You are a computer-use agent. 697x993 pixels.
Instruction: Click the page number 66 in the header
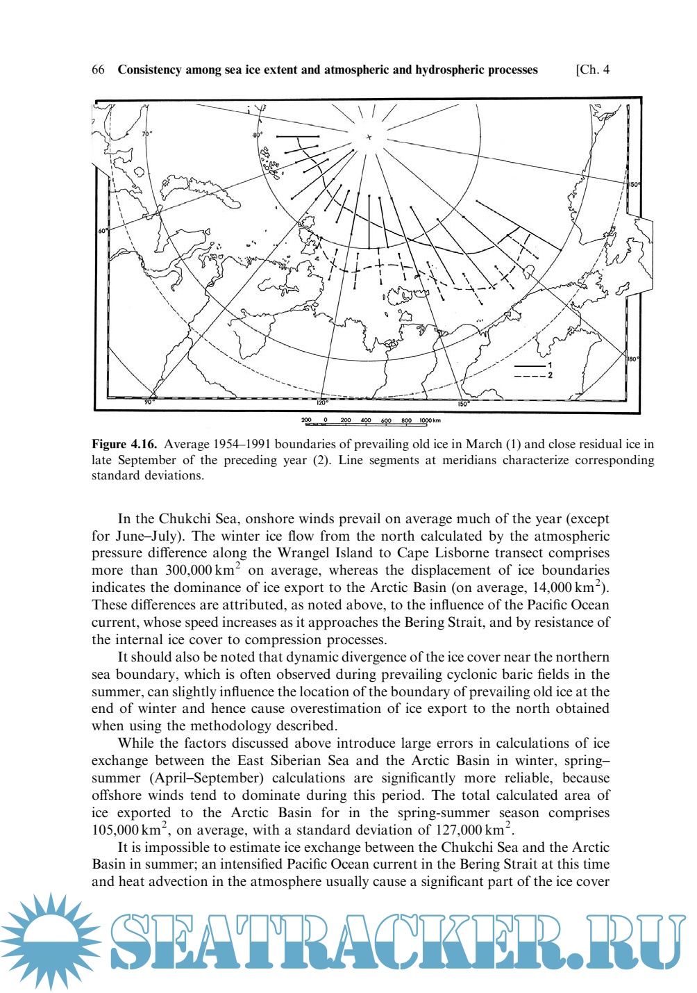[98, 69]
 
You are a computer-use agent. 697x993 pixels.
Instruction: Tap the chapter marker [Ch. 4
[592, 69]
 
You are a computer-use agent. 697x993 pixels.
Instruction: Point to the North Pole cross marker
[369, 137]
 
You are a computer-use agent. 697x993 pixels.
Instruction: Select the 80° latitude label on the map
[258, 133]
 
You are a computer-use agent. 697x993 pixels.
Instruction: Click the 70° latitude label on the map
[147, 133]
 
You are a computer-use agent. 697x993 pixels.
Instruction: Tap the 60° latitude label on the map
[103, 231]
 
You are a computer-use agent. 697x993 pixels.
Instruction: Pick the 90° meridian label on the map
[149, 402]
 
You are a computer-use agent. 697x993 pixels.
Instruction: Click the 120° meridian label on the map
[322, 402]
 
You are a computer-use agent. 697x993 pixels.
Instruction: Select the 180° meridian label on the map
[632, 359]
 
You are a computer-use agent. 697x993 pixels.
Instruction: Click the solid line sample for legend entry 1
[529, 366]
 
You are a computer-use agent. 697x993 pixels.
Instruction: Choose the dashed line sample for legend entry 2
[529, 376]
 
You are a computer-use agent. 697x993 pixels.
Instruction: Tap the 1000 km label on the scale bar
[431, 420]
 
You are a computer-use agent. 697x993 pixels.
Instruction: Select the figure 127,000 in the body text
[459, 830]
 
